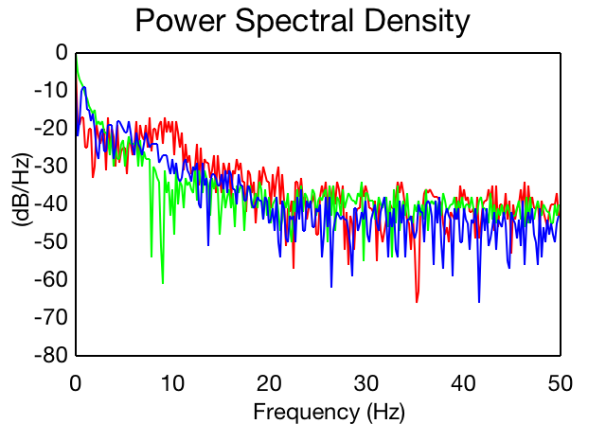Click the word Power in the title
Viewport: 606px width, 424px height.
click(x=181, y=20)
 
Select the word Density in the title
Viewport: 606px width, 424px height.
click(x=417, y=22)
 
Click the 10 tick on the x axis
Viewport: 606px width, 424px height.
click(x=172, y=384)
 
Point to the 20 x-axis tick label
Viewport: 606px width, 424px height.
click(x=269, y=384)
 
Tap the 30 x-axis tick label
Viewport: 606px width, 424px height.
click(x=366, y=384)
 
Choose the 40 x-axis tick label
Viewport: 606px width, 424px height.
click(x=463, y=384)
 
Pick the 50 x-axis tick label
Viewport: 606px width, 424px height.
click(x=561, y=384)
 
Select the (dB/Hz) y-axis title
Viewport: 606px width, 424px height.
click(x=22, y=189)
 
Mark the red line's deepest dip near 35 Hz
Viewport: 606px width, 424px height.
click(x=417, y=302)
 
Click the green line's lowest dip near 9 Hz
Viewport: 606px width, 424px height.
click(x=163, y=283)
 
